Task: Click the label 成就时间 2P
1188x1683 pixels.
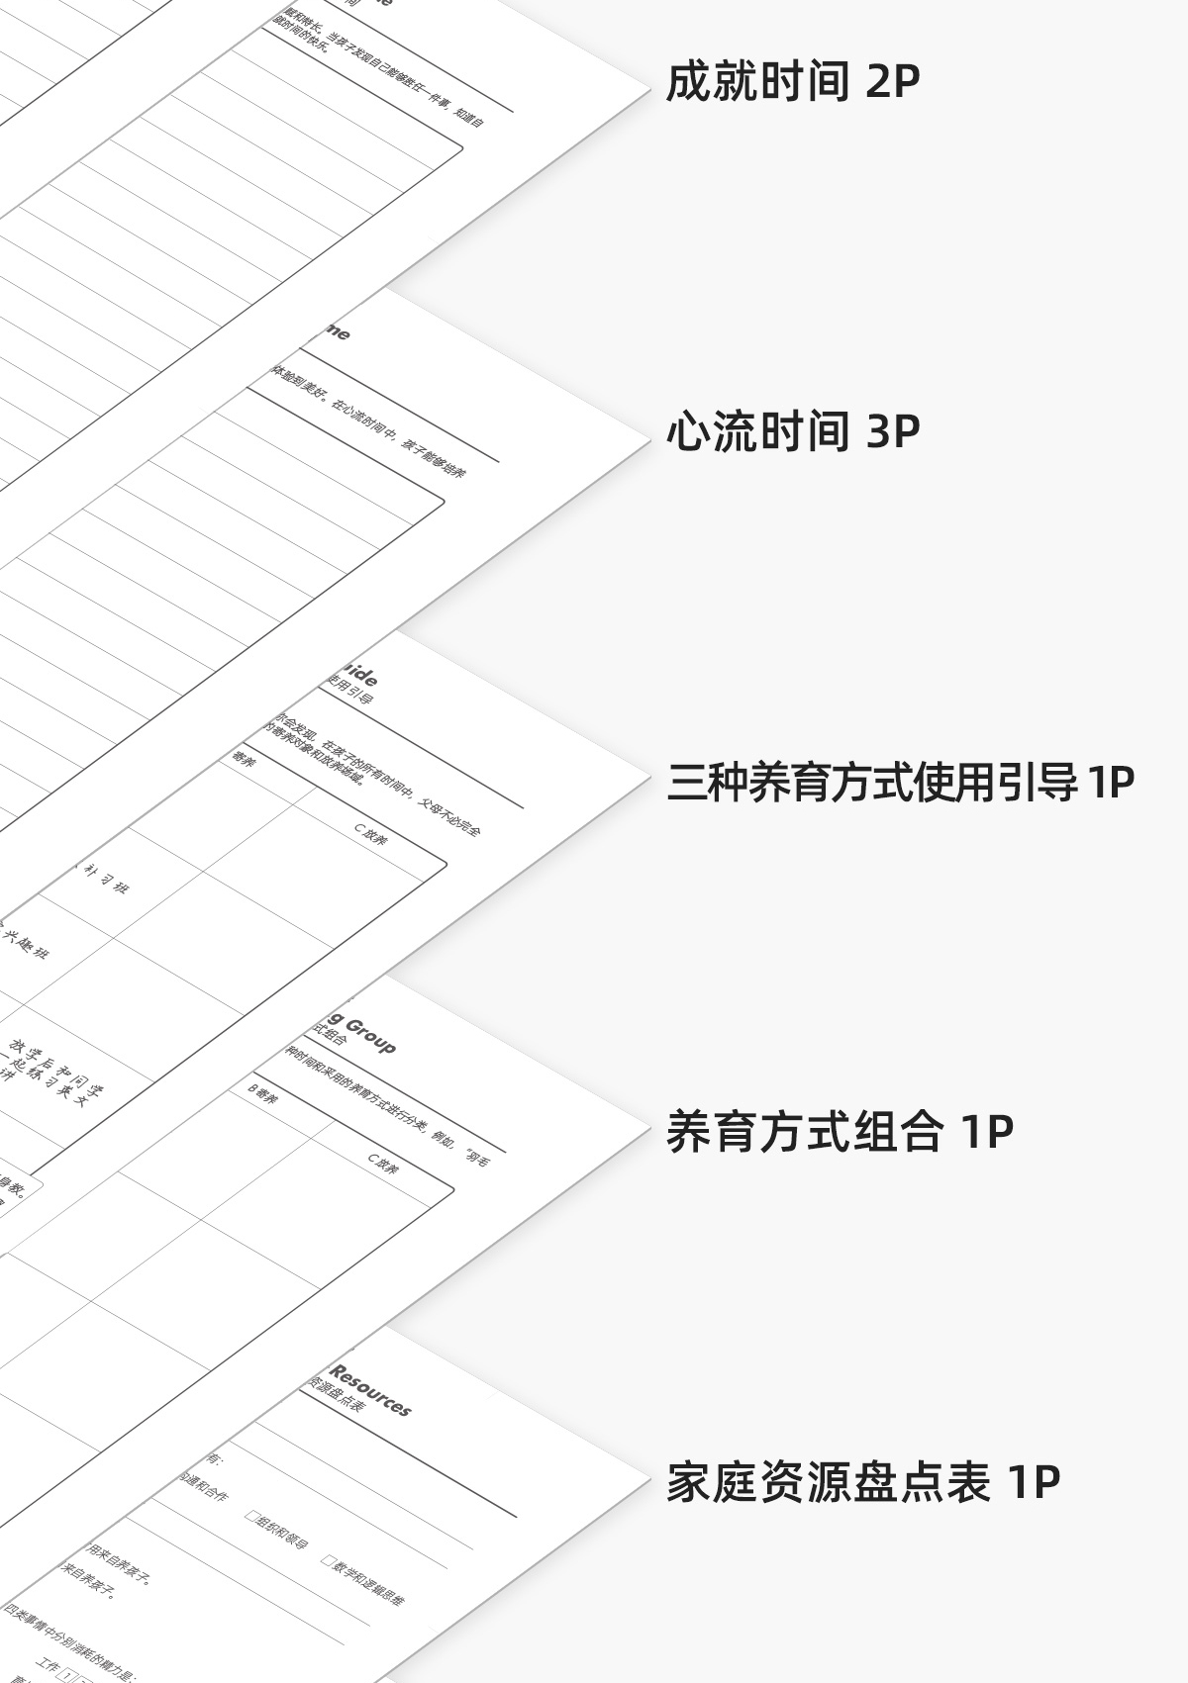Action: point(792,81)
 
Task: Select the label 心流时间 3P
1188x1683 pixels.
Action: point(792,431)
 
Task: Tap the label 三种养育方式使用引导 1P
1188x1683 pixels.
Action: point(900,782)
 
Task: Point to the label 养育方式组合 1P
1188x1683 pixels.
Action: point(840,1131)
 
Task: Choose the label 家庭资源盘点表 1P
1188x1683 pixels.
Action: point(862,1481)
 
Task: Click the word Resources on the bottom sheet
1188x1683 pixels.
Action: point(370,1390)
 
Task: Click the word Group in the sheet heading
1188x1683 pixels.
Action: point(370,1034)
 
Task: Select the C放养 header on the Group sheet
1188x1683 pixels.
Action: point(383,1165)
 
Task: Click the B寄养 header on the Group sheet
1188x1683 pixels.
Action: point(262,1094)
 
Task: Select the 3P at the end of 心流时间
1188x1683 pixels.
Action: point(893,431)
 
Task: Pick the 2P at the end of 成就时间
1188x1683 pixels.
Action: point(893,81)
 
